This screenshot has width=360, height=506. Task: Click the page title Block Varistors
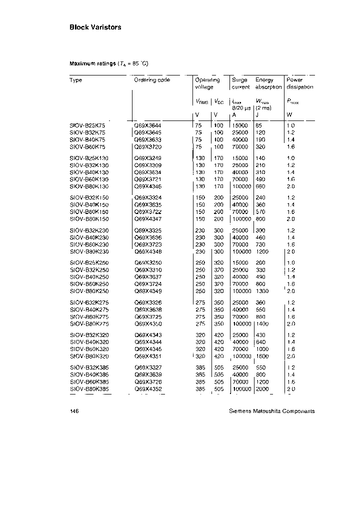coord(95,27)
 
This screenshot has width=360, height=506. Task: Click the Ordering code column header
coord(152,80)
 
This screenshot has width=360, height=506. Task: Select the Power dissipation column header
coord(299,83)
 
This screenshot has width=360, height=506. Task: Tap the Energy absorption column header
coord(268,83)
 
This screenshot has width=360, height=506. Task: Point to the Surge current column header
coord(240,83)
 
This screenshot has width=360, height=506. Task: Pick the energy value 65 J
coord(258,125)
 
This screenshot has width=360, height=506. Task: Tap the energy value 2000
coord(262,389)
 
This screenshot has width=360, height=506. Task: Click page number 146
coord(74,411)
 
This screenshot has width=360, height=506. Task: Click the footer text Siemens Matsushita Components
coord(271,411)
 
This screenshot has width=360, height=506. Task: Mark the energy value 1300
coord(262,291)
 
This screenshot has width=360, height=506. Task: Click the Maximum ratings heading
coord(108,64)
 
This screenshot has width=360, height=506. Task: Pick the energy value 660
coord(260,186)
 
